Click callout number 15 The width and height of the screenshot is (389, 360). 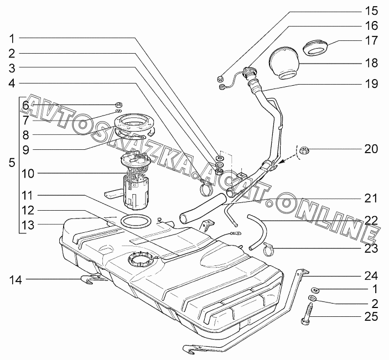[370, 11]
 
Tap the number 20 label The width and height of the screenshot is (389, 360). [370, 149]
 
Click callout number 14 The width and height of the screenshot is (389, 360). [15, 280]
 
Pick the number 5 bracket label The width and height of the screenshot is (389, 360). [12, 164]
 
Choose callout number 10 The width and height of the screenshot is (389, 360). [28, 174]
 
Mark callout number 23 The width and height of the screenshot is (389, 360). [370, 248]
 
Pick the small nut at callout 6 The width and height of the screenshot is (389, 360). [118, 104]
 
